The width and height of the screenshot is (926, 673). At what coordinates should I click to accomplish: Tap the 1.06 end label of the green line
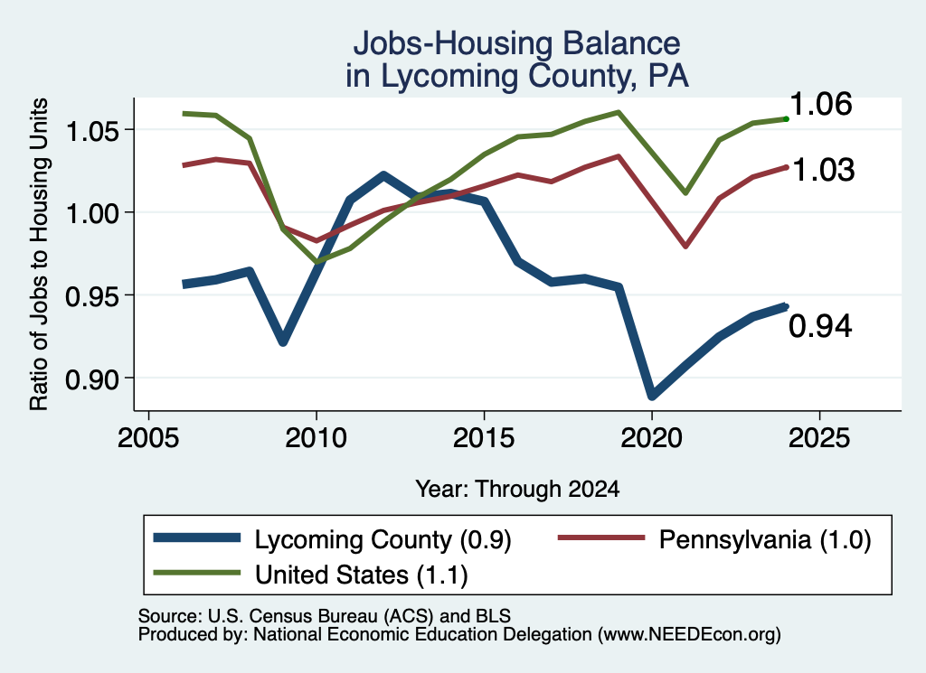point(820,104)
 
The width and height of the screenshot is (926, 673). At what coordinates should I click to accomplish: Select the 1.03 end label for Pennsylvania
point(823,170)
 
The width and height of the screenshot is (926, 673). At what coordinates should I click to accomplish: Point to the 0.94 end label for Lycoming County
point(820,326)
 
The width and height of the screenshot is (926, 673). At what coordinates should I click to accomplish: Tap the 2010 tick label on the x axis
point(316,438)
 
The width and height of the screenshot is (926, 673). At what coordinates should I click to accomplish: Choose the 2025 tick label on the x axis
point(819,438)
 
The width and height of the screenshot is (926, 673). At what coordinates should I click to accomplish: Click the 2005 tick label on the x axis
point(148,438)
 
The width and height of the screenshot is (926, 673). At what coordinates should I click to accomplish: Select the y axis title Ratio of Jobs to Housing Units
point(39,254)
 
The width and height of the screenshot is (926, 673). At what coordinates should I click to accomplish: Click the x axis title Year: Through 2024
point(517,489)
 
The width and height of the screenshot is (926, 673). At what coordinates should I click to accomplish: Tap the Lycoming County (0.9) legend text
point(383,540)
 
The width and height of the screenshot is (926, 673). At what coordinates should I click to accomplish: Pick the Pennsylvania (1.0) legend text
point(765,540)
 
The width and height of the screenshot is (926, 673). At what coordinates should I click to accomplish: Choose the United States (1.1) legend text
point(362,575)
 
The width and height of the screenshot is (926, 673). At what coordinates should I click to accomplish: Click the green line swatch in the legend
point(196,573)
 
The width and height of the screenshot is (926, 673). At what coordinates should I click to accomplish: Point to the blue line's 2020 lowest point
point(652,395)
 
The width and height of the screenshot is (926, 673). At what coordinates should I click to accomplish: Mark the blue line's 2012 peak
point(383,176)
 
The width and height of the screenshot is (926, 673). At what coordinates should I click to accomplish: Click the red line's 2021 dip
point(685,246)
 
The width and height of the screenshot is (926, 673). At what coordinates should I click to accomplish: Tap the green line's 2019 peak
point(619,112)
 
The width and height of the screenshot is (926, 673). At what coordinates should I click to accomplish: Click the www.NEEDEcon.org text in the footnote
point(689,635)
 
